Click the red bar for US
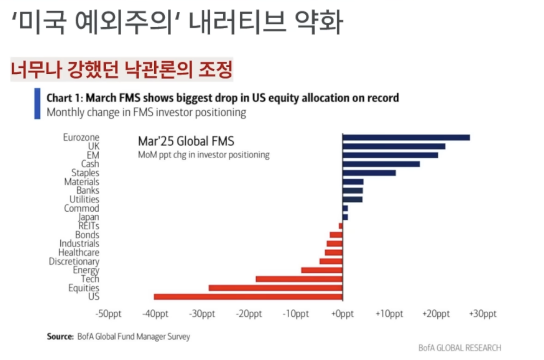point(248,297)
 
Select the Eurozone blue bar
point(406,138)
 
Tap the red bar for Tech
point(299,279)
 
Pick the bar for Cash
point(381,164)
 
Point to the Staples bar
point(369,173)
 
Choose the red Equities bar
point(276,288)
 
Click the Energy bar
point(322,270)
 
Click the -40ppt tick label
point(155,314)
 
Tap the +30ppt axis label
point(483,314)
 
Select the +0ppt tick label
point(342,314)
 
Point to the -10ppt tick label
point(296,314)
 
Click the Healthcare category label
point(79,252)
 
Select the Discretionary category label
point(74,261)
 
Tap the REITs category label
point(88,226)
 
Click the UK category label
point(93,146)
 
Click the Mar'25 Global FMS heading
point(186,141)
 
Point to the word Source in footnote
point(60,336)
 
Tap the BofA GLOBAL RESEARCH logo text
point(459,348)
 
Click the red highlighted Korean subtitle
point(121,69)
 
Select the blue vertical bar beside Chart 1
point(37,104)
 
